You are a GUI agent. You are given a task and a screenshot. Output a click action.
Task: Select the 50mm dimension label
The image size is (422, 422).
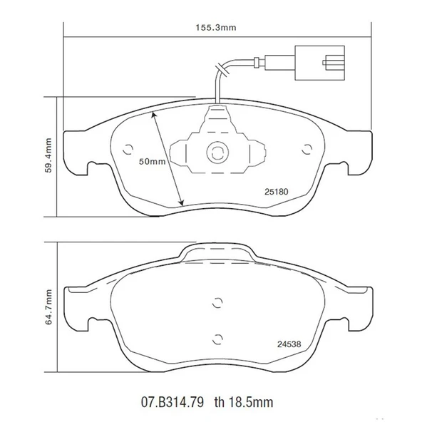[151, 162]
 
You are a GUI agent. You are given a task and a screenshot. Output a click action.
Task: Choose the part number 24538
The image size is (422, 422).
[288, 344]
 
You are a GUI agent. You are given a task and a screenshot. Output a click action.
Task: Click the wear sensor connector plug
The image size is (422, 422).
[320, 62]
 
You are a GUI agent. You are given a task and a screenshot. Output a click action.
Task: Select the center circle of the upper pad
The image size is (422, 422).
[215, 151]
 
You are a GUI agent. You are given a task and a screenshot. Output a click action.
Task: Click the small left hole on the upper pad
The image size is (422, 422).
[128, 150]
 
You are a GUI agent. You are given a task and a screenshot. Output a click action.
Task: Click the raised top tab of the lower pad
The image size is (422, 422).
[217, 252]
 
